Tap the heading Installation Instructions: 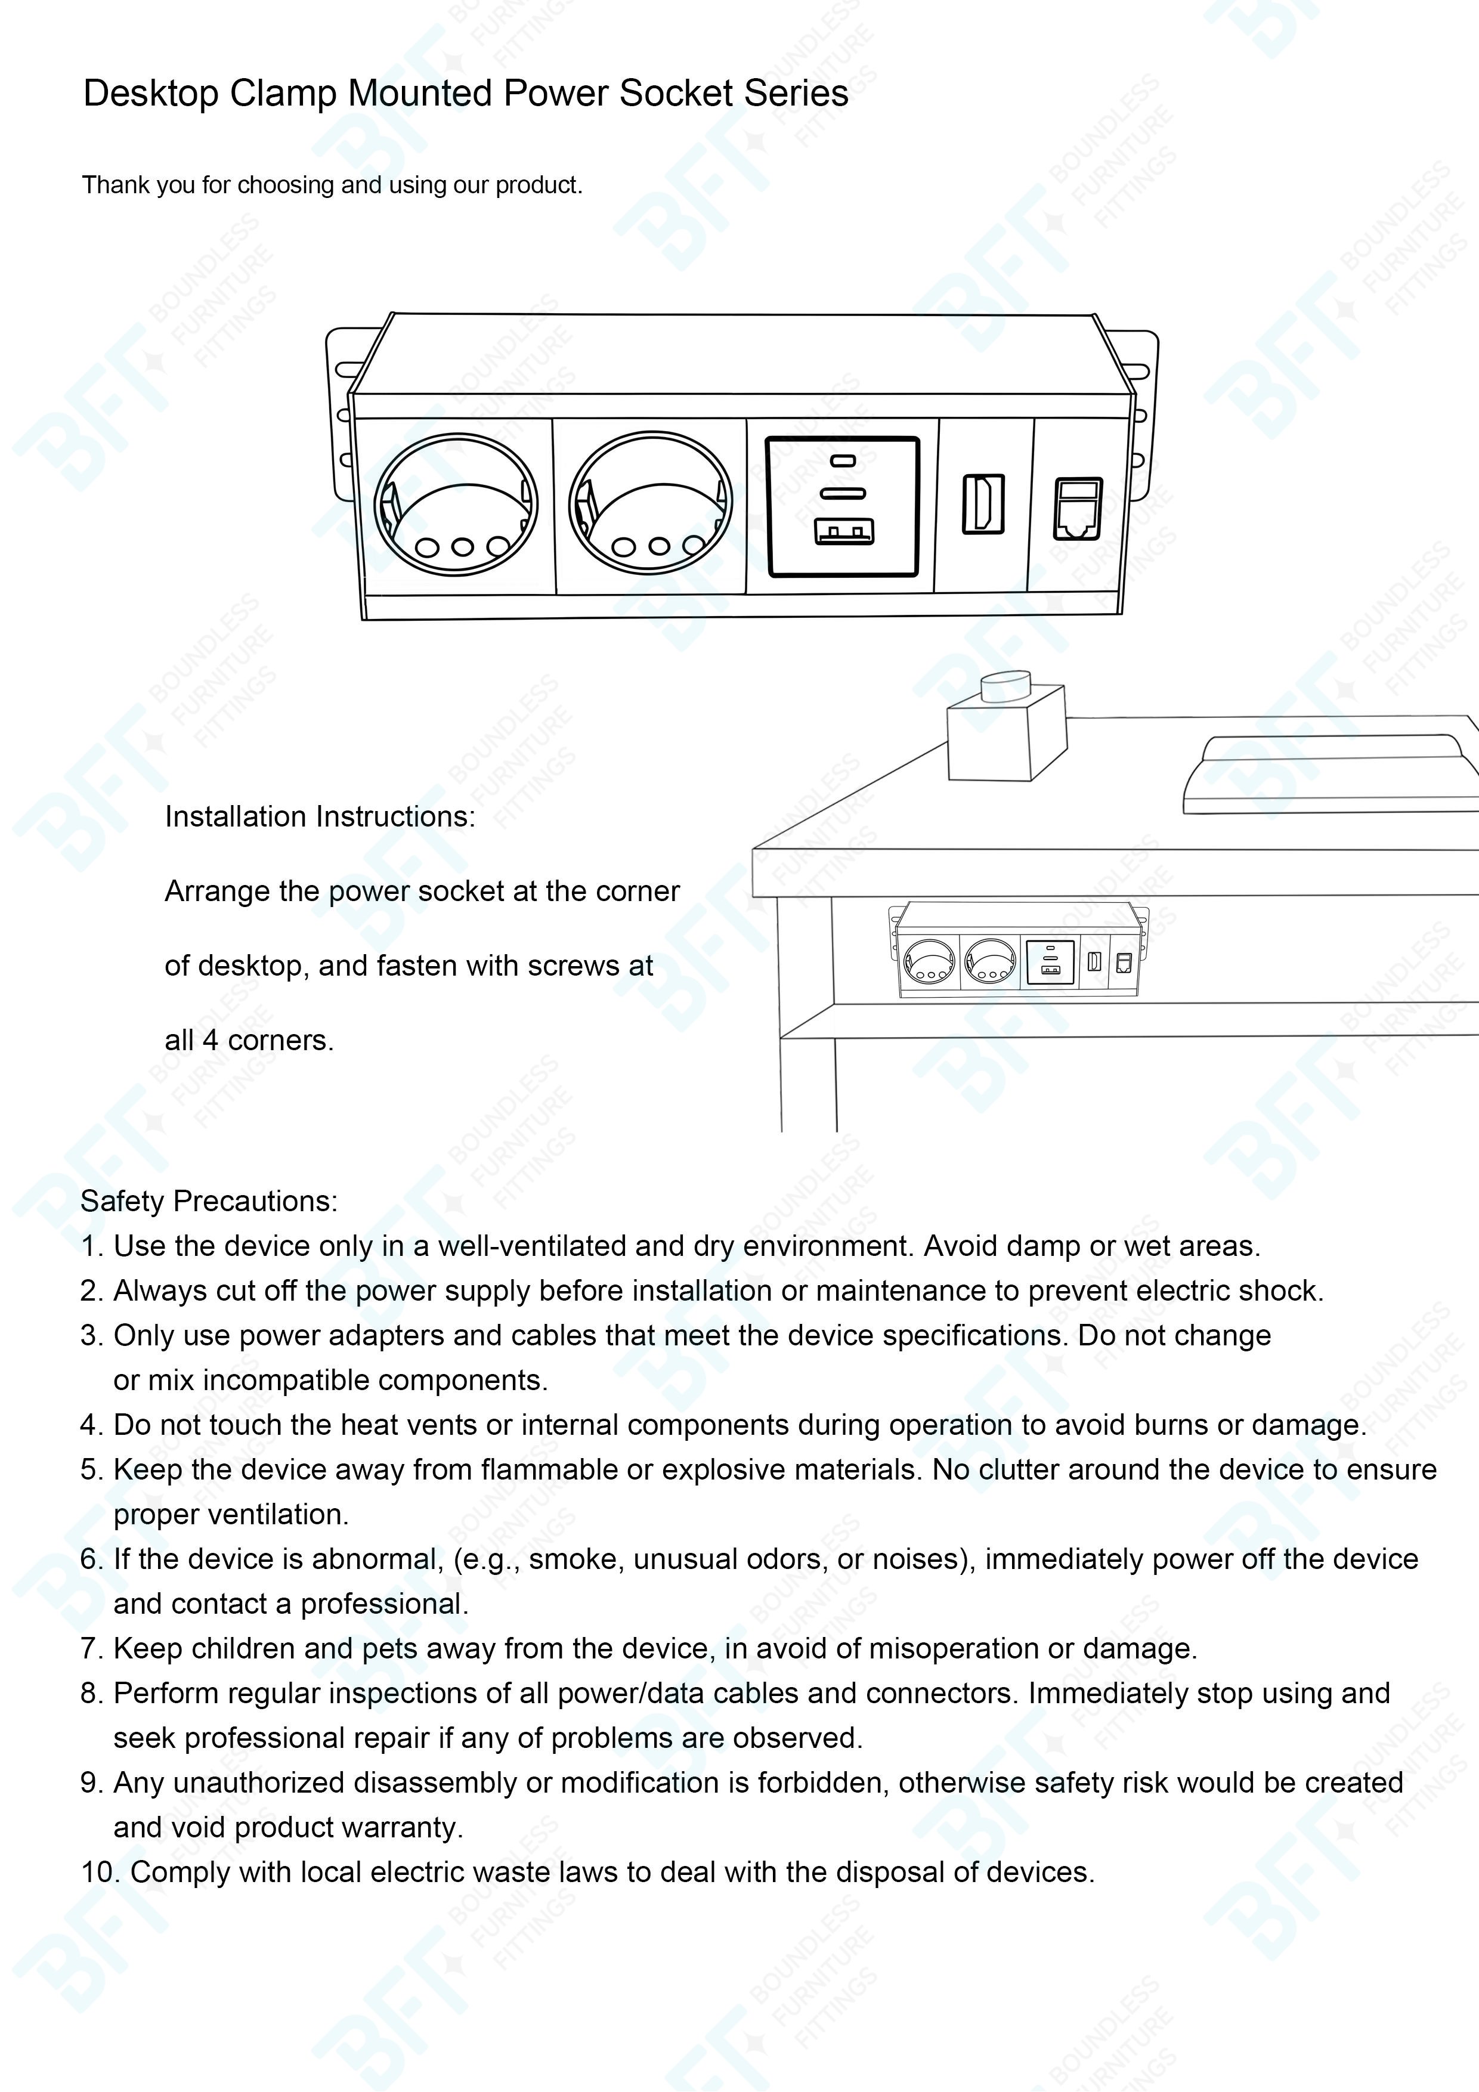(x=320, y=816)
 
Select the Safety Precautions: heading (x=209, y=1201)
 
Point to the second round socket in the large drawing (x=651, y=502)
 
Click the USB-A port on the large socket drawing (x=844, y=531)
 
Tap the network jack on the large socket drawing (x=1078, y=507)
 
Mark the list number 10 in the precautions (x=100, y=1871)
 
